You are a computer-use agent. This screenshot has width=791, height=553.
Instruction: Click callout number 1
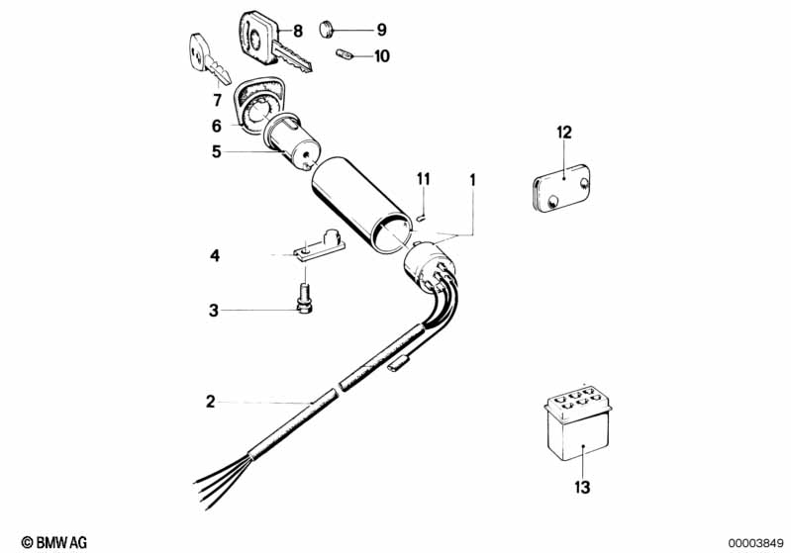click(x=473, y=180)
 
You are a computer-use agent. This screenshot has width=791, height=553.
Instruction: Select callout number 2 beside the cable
click(x=210, y=401)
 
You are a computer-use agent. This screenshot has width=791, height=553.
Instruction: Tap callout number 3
click(x=213, y=311)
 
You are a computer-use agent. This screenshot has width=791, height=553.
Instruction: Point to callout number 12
click(x=564, y=132)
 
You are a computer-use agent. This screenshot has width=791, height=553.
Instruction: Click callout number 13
click(x=583, y=486)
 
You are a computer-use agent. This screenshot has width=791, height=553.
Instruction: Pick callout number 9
click(x=381, y=29)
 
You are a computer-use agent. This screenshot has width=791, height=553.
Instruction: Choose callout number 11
click(x=424, y=179)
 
